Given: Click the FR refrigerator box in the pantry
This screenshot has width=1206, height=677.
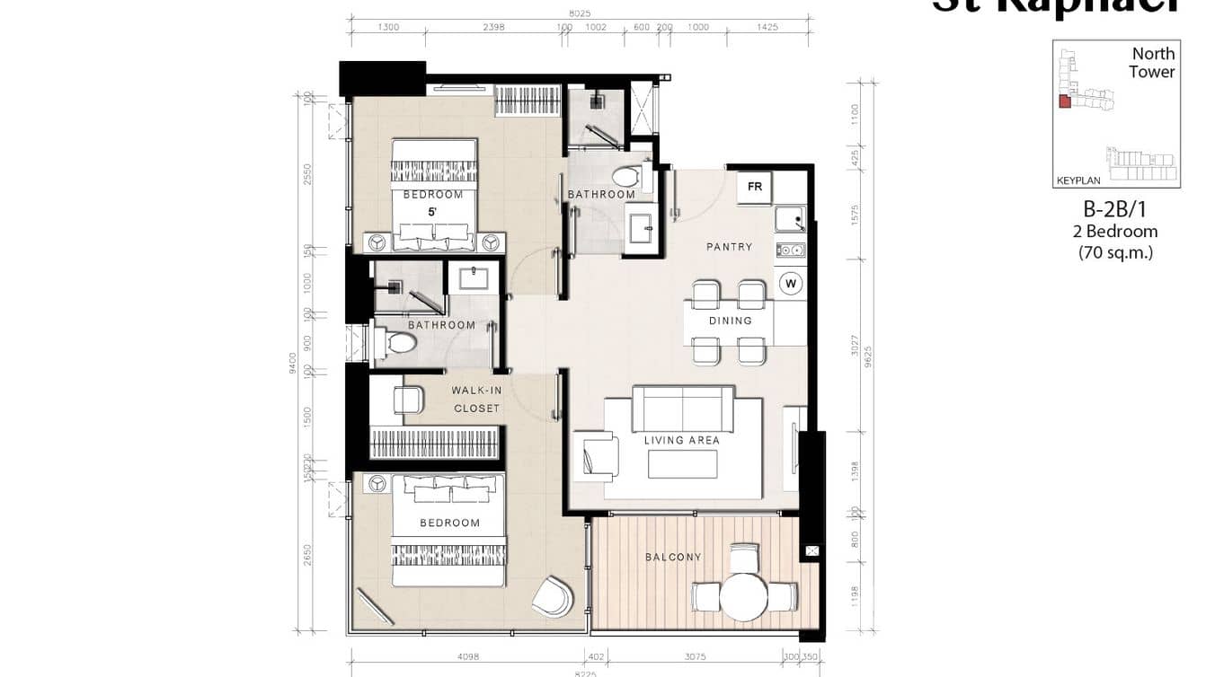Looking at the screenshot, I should pos(755,188).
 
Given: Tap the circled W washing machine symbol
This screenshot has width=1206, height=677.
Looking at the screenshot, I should pos(791,284).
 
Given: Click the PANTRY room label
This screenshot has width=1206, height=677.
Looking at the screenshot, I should pos(729,247).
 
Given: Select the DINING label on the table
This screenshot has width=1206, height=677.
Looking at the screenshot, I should pos(730,321).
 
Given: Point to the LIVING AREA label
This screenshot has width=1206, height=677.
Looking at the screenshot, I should pos(681,441).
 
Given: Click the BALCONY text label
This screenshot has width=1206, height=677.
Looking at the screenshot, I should pos(673,558).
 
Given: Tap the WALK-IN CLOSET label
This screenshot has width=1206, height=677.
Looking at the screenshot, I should pos(475,400).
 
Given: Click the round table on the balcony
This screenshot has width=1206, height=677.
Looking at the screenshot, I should pos(743,596).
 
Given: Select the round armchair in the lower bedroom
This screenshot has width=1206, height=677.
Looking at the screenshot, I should pos(553,597).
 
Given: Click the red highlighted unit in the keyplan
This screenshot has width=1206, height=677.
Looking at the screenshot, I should pos(1064,102).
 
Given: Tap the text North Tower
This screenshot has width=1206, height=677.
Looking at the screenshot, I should pos(1152,63).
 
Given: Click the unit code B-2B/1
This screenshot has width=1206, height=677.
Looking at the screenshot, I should pos(1114,210).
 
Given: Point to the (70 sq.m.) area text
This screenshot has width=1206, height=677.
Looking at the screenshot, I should pos(1114,252).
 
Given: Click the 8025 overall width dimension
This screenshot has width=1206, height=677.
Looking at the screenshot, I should pos(580,13).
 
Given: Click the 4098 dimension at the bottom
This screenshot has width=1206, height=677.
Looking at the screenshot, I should pos(467,657).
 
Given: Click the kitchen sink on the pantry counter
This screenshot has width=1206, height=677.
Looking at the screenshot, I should pos(788,218).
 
